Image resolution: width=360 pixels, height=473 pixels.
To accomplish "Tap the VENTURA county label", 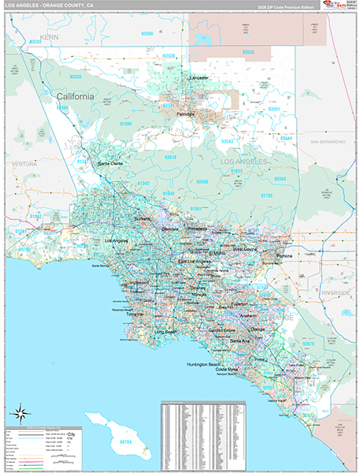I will tap(25, 163).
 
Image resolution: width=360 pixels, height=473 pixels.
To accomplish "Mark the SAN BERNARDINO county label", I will tap(327, 142).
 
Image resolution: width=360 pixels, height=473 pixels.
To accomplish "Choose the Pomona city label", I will tap(284, 257).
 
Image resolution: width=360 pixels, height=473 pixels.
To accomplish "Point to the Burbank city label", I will tap(142, 218).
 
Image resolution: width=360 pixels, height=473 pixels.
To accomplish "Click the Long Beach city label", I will tap(166, 333).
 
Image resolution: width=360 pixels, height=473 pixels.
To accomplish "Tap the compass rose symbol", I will tap(21, 412).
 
